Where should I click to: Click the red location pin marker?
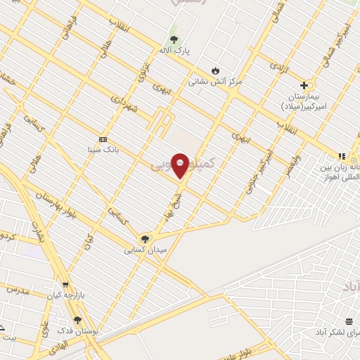coord(180,165)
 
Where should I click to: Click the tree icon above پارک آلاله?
coord(174,39)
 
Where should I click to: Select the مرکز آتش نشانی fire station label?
coord(214,82)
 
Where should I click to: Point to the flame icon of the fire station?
coord(215,70)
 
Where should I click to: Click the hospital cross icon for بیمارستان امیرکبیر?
coord(304,85)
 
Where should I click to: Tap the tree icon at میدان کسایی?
coord(146,239)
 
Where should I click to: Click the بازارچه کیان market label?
coord(66,296)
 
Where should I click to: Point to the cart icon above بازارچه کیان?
coord(65,285)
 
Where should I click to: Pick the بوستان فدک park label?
coord(78,331)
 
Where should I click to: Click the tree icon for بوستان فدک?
coord(77,320)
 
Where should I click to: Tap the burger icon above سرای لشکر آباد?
coord(349,321)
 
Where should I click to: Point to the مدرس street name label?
coord(17,289)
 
